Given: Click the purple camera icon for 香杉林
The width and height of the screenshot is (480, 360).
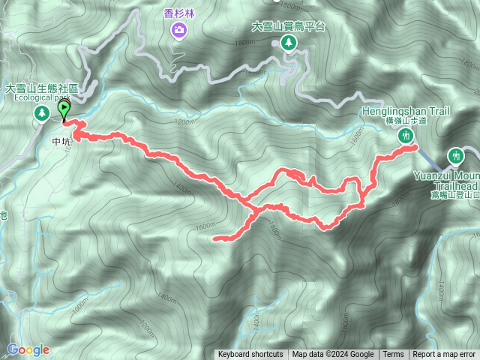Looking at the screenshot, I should pos(178,30).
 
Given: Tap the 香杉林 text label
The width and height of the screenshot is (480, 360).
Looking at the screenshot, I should pos(178,13).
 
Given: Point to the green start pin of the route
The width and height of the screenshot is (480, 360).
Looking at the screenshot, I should pos(64,110).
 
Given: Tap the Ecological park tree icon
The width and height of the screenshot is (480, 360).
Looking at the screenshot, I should pos(41,113).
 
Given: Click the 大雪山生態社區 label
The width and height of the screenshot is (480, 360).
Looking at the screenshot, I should pos(42,88).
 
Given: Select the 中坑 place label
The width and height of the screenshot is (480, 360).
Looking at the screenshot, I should pos(61,140).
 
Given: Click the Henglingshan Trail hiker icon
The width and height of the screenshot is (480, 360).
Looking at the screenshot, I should pos(406,136).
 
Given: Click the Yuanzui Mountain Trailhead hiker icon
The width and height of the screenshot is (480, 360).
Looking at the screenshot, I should pos(454,156).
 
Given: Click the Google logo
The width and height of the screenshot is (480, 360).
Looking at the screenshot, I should pos(28,349).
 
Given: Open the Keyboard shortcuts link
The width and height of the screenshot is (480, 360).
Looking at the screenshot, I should pos(250,355).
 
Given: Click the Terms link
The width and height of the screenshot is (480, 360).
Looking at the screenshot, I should pos(393,355).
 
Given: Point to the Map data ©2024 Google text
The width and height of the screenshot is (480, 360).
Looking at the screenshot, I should pos(333,355).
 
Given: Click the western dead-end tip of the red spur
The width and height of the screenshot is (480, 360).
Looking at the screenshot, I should pos(215,239).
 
